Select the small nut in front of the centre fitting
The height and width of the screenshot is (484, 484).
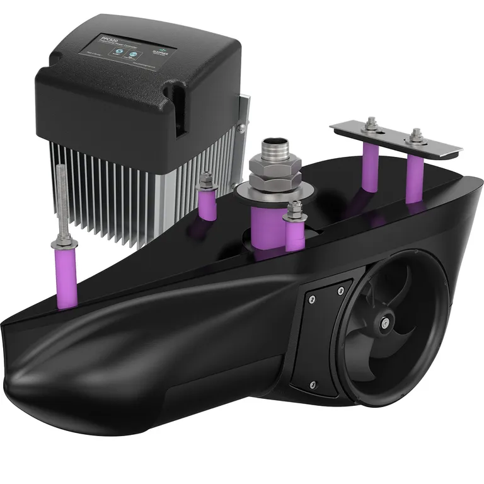pyautogui.click(x=295, y=213)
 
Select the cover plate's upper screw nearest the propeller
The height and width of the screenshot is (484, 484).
pyautogui.click(x=340, y=289)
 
